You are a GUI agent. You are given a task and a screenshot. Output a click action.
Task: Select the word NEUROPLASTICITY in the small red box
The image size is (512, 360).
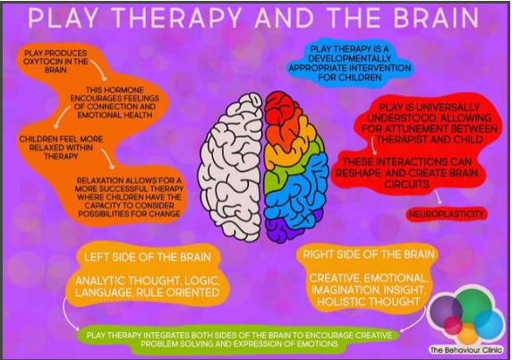[x=447, y=214]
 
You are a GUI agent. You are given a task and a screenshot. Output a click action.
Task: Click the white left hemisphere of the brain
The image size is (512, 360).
[x=230, y=167]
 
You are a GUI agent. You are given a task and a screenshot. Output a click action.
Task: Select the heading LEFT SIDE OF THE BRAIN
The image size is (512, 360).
[x=148, y=257]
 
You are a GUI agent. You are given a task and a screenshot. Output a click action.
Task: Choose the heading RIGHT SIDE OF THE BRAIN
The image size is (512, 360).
[x=368, y=254]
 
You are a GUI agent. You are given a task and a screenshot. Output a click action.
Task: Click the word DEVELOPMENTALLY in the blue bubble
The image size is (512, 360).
[x=349, y=58]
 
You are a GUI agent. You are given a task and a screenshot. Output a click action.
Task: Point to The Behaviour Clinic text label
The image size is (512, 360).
[x=466, y=350]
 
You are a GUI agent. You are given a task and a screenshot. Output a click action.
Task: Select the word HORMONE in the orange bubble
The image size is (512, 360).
[x=126, y=90]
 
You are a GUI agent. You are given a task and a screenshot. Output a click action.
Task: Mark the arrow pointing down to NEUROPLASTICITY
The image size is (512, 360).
[x=439, y=196]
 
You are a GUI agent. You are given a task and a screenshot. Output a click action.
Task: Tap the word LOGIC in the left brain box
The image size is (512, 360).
[x=201, y=280]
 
